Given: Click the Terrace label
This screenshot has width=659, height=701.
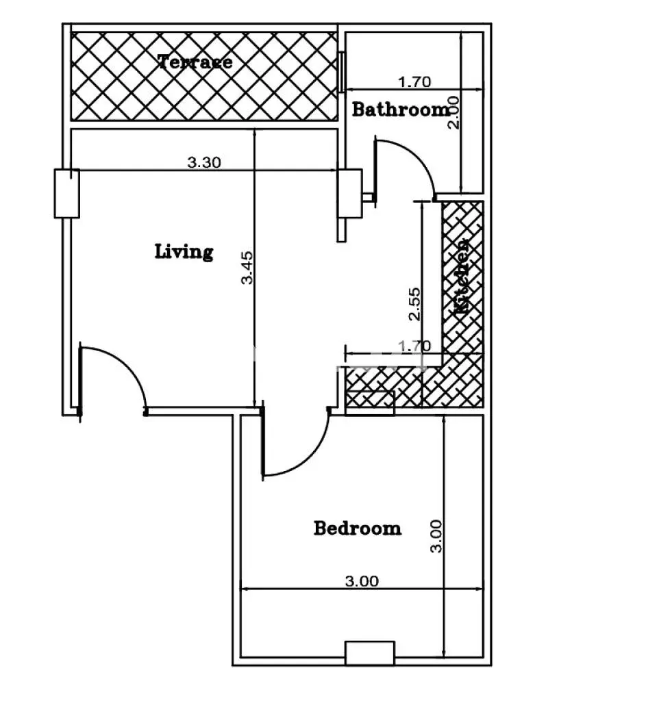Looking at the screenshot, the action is tap(195, 62).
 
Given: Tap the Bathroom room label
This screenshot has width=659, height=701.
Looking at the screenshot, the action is tap(401, 110).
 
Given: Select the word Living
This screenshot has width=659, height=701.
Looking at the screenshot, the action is tap(184, 252).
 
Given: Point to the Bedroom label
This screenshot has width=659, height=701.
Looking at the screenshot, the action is tap(358, 528).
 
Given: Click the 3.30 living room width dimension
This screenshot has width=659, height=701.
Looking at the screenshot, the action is tap(204, 162).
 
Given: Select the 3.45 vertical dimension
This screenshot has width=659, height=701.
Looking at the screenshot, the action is tap(247, 268).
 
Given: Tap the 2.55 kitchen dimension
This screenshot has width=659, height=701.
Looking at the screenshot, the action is tap(414, 304).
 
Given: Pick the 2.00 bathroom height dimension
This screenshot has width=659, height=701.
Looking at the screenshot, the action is tap(453, 113).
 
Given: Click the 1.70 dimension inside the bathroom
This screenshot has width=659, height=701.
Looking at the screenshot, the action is tap(414, 82).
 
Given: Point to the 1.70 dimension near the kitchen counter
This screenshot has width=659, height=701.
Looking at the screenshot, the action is tap(414, 346).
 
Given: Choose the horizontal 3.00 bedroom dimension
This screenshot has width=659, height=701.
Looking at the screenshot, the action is tap(362, 581).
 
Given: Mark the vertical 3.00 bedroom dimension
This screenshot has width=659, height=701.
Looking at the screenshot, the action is tap(436, 536).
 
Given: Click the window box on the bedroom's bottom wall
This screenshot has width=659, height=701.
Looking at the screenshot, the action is tap(370, 653).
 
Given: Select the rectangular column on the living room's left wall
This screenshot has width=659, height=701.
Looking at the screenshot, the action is tap(67, 194).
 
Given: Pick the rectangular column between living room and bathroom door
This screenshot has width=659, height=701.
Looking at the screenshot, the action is tap(350, 194).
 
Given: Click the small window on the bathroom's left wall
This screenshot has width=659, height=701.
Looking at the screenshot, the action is tap(341, 72).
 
